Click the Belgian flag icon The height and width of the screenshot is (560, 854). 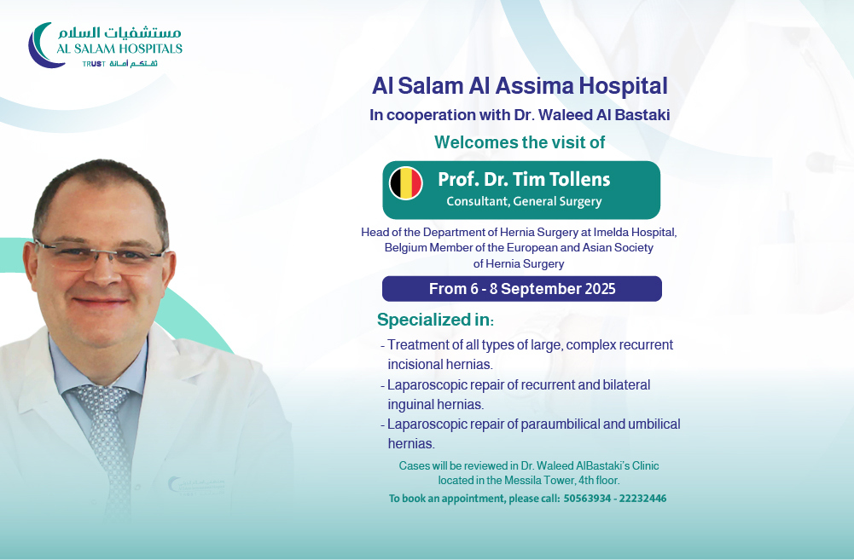[x=406, y=183]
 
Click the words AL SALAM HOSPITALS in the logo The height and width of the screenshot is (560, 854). [x=119, y=49]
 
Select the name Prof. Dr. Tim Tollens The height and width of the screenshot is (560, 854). [x=524, y=179]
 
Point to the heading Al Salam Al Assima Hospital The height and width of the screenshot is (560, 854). [x=520, y=86]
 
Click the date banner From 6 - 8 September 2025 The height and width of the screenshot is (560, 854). [x=522, y=288]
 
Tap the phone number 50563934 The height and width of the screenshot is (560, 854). [x=587, y=499]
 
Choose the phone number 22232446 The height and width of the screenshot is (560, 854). [x=643, y=499]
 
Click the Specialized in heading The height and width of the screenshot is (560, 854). [x=435, y=320]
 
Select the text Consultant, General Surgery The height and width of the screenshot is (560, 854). [x=524, y=201]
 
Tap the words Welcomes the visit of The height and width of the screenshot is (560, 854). [x=520, y=142]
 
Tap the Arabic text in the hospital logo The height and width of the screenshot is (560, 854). [x=119, y=32]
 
